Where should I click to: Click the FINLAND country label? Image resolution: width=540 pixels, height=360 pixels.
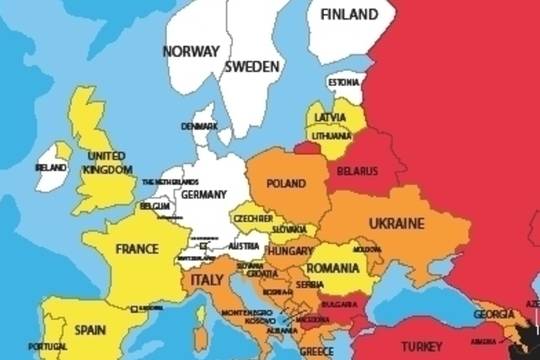tap(343, 15)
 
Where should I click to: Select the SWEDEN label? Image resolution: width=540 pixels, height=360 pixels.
tap(251, 67)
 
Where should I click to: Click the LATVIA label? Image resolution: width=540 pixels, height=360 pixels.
tap(331, 117)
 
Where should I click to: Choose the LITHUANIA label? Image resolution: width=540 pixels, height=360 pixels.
tap(331, 135)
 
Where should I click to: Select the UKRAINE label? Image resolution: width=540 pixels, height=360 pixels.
tap(397, 222)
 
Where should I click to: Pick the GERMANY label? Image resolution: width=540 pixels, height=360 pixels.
tap(204, 194)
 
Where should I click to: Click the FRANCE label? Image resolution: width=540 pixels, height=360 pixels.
tap(137, 248)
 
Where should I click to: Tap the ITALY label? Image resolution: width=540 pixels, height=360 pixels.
tap(206, 281)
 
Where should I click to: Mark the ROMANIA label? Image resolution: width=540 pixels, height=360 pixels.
tap(333, 268)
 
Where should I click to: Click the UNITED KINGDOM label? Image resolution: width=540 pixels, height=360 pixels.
tap(107, 163)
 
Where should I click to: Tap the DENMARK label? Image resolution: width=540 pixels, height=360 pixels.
tap(198, 126)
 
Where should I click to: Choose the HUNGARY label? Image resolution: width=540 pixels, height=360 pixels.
tap(289, 252)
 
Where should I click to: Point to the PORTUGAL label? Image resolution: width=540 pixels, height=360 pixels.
tap(47, 346)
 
